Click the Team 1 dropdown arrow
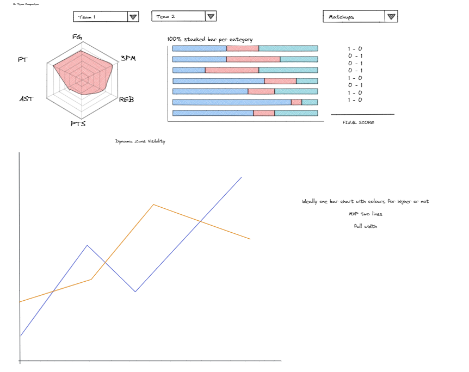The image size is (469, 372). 133,17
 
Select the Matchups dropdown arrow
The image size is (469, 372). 391,16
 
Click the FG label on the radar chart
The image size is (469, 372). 77,37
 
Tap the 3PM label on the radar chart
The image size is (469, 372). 127,58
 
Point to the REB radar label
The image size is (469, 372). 126,100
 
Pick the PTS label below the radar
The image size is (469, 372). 78,123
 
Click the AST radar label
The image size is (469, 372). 26,99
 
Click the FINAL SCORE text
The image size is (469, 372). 358,122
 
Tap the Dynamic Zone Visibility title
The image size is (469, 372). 140,141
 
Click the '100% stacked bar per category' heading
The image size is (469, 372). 209,40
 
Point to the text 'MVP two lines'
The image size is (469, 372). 365,214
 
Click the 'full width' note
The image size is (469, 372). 365,226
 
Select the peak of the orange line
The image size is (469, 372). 154,204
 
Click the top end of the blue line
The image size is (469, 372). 241,177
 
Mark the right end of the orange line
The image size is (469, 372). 250,239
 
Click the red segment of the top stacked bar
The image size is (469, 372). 242,49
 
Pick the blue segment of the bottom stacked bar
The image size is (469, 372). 213,113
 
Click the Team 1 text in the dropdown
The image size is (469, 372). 87,17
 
